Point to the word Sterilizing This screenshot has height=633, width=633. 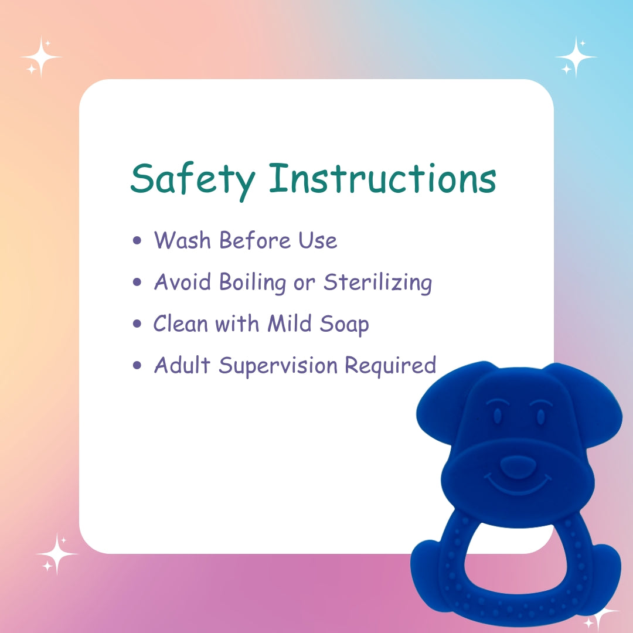click(377, 283)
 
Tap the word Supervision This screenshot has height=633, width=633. click(278, 366)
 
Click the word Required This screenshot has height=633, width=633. click(390, 366)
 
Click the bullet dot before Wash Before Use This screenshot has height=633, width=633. click(138, 240)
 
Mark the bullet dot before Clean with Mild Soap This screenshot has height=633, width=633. click(138, 324)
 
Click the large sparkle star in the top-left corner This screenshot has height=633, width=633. click(42, 57)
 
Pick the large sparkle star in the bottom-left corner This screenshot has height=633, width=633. click(57, 553)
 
